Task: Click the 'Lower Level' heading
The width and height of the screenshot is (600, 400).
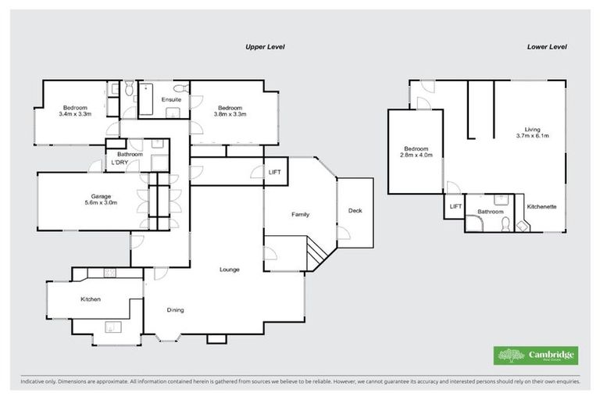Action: (546, 47)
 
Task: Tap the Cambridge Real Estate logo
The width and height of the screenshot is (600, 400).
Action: (537, 355)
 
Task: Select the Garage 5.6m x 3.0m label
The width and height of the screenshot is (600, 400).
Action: (85, 200)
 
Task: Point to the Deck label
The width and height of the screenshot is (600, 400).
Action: (355, 210)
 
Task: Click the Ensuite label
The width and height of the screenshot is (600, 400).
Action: (171, 100)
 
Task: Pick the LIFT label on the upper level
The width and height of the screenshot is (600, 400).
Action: (275, 172)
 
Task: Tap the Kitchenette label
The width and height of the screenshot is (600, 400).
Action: (541, 207)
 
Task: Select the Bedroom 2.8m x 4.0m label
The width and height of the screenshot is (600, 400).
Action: (416, 152)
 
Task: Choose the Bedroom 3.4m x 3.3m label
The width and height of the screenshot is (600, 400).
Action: (75, 111)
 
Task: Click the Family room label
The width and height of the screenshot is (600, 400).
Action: (300, 213)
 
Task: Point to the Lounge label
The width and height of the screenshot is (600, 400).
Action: (230, 270)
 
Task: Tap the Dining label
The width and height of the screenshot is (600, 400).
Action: (176, 310)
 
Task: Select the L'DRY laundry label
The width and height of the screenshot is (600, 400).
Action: (120, 162)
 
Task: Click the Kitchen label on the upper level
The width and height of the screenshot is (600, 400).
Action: (91, 299)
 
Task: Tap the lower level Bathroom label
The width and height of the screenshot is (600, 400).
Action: (490, 211)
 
